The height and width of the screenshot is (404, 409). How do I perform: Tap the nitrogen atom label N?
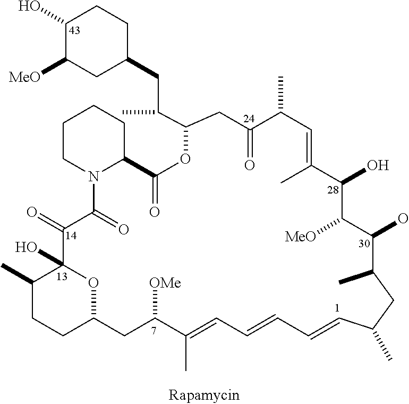(x=93, y=175)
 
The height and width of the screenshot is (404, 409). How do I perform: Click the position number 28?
(x=334, y=190)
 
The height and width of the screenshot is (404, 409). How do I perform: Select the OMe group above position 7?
(x=165, y=283)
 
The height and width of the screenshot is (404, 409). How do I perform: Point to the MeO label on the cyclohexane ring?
(x=24, y=78)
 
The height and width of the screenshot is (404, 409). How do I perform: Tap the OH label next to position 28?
(x=378, y=166)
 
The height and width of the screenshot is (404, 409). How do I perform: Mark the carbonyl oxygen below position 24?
(x=249, y=165)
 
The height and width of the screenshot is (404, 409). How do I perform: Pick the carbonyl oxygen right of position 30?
(x=402, y=218)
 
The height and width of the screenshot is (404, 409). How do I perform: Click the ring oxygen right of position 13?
(x=93, y=281)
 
